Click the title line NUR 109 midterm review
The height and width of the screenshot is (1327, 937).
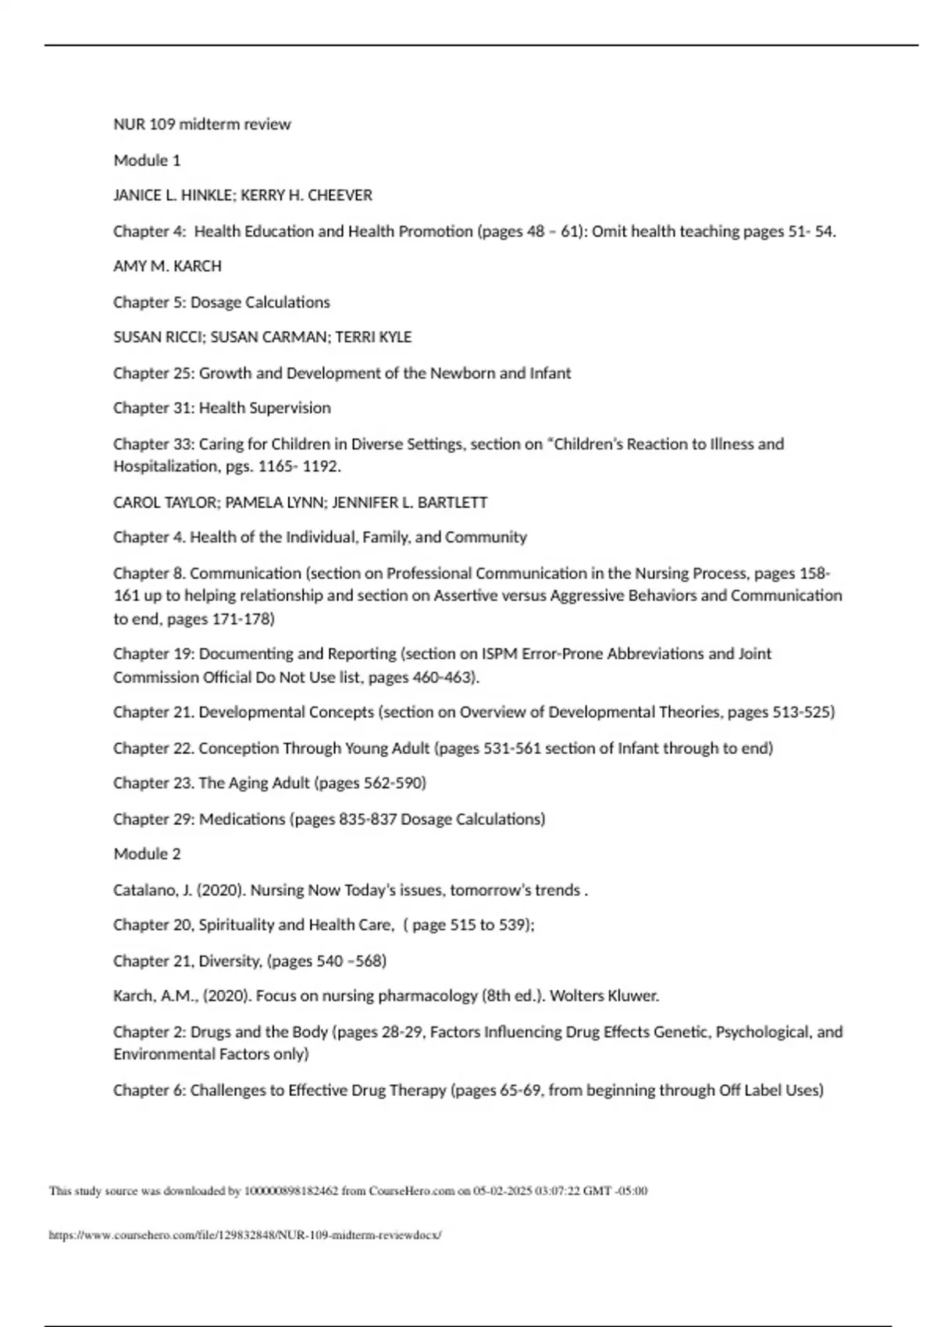[x=201, y=124]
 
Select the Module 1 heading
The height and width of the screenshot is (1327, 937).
[x=147, y=160]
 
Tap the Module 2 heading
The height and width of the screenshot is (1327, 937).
[x=147, y=854]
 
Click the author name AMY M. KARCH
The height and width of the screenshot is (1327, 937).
[x=167, y=266]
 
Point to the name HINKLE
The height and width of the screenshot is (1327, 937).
[x=207, y=195]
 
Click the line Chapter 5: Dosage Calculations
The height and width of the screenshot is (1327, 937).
[x=221, y=302]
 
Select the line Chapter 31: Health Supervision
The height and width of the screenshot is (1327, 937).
[x=222, y=407]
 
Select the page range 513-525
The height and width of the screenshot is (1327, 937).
[x=801, y=712]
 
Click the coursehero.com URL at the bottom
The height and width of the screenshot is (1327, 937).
[x=245, y=1236]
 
